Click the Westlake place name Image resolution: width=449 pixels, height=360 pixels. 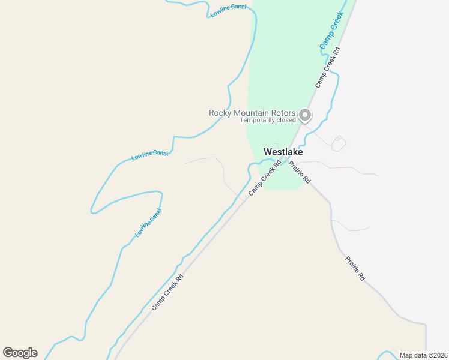283,152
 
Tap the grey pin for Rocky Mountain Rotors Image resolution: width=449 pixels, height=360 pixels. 305,114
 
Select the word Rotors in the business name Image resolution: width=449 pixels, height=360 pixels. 282,113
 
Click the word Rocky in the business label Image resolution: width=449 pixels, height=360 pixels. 220,113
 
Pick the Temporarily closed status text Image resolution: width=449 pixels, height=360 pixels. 268,120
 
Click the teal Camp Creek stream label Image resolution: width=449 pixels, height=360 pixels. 331,30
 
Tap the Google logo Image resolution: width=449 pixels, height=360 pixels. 20,353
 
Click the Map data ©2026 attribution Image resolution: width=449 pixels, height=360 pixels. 423,355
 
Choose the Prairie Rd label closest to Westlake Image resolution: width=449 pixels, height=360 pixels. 299,172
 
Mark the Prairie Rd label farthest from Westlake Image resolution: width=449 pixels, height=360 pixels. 355,269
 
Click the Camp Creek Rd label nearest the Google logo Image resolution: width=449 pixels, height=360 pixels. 167,293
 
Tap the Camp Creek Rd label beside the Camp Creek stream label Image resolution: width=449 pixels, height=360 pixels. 328,68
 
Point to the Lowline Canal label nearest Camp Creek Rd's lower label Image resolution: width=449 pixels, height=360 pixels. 148,223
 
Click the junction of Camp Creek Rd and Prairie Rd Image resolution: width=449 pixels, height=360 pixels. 286,158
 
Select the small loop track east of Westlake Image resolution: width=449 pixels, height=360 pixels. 339,143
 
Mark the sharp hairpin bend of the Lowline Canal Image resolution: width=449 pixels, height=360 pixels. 93,211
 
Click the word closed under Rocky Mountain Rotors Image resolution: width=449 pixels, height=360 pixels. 286,120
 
